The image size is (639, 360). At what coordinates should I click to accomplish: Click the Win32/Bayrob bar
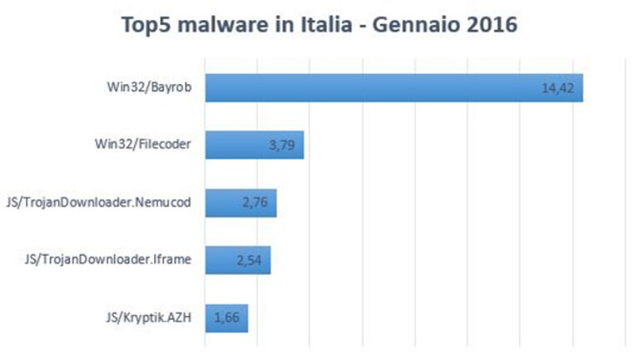(394, 87)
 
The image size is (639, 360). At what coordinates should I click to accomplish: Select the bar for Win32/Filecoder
(255, 145)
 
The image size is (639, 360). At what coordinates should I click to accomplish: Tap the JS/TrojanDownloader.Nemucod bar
(241, 202)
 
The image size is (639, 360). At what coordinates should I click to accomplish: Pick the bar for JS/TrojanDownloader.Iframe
(238, 260)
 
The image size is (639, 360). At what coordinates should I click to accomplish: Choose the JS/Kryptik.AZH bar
(227, 318)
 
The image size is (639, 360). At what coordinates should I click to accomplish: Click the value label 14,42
(557, 88)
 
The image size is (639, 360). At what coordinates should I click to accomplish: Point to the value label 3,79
(282, 145)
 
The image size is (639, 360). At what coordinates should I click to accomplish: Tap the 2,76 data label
(255, 202)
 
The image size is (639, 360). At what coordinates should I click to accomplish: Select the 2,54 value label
(249, 260)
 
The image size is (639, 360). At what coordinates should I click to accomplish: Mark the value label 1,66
(227, 317)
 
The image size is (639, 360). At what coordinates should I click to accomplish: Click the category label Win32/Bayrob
(149, 87)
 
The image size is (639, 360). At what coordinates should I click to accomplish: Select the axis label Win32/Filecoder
(143, 144)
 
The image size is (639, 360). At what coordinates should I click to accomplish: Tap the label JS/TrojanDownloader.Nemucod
(98, 202)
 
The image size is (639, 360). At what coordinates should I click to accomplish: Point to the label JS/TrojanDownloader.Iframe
(108, 260)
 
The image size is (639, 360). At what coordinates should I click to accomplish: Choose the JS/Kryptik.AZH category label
(149, 317)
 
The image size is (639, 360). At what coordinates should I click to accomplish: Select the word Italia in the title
(327, 24)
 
